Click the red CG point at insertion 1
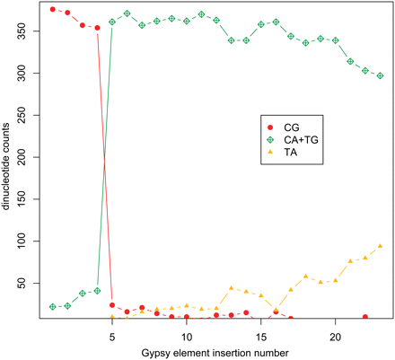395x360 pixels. click(x=53, y=9)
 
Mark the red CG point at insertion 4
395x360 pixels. click(x=97, y=28)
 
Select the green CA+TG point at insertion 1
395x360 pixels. click(x=53, y=307)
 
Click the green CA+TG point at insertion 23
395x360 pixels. click(x=380, y=75)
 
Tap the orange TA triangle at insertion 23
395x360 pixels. click(x=380, y=246)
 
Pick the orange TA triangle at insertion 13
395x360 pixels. click(x=231, y=288)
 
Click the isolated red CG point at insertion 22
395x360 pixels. click(x=364, y=317)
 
